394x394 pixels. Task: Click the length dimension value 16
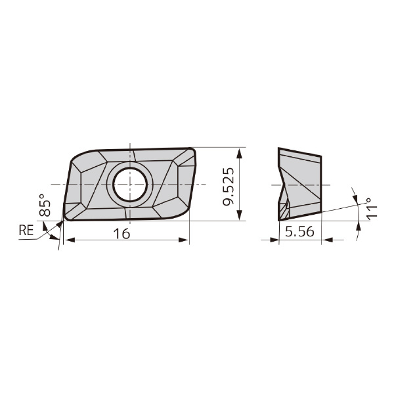pos(121,233)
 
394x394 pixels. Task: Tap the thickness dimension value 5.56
pos(299,231)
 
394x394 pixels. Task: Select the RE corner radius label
pos(26,230)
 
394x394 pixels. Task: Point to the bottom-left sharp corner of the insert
pos(64,219)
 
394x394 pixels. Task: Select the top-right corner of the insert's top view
pos(194,150)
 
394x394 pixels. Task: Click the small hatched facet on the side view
pos(284,211)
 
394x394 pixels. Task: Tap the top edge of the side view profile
pos(299,152)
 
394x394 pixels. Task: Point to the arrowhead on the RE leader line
pos(59,224)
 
